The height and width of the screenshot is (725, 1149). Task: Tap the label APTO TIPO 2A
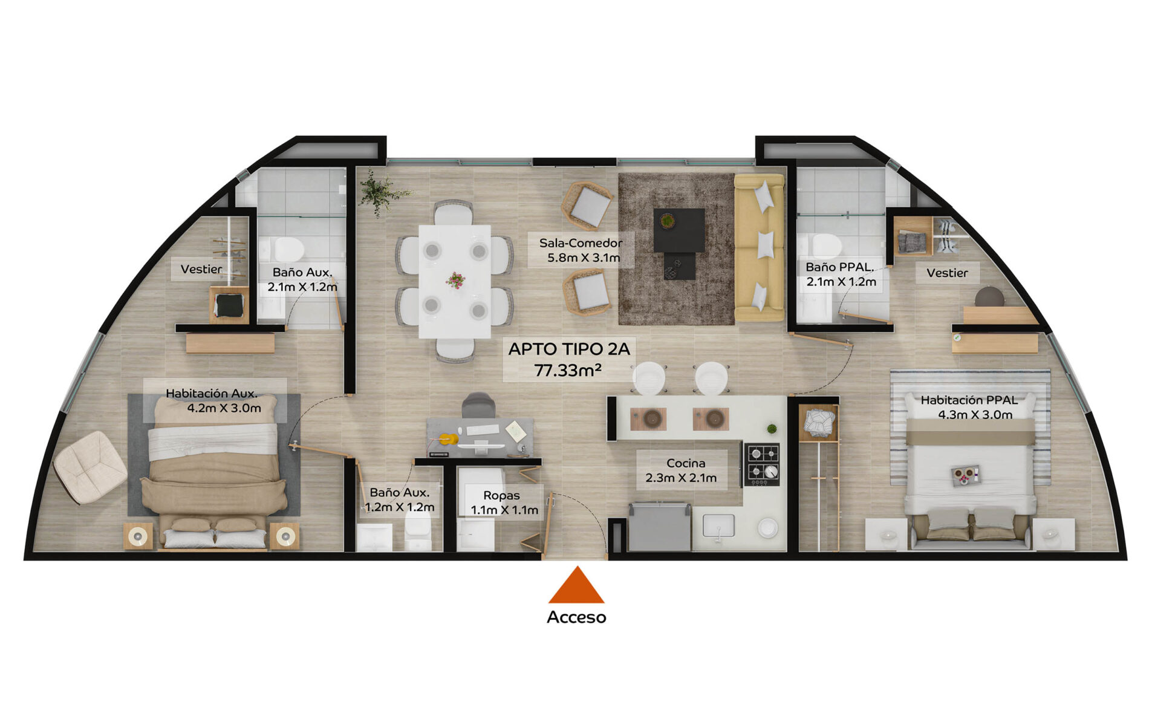pyautogui.click(x=569, y=349)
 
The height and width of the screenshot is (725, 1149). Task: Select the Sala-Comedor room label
pyautogui.click(x=581, y=243)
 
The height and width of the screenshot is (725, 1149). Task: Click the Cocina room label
pyautogui.click(x=686, y=463)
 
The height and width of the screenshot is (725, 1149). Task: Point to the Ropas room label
pyautogui.click(x=501, y=496)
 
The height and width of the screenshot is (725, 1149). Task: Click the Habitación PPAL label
pyautogui.click(x=969, y=400)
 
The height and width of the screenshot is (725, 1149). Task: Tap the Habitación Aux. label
pyautogui.click(x=212, y=394)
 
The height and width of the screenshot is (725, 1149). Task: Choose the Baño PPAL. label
pyautogui.click(x=839, y=267)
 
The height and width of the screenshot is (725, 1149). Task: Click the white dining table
pyautogui.click(x=455, y=281)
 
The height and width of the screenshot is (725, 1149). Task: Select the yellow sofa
pyautogui.click(x=760, y=247)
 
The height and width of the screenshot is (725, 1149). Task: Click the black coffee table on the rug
pyautogui.click(x=679, y=230)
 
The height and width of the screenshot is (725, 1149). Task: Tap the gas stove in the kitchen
pyautogui.click(x=761, y=464)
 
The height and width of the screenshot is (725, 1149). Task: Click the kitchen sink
pyautogui.click(x=718, y=525)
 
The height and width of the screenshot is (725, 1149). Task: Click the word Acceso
pyautogui.click(x=576, y=617)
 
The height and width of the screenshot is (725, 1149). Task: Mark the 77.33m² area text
pyautogui.click(x=568, y=370)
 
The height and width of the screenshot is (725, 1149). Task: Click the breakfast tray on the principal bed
pyautogui.click(x=965, y=475)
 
